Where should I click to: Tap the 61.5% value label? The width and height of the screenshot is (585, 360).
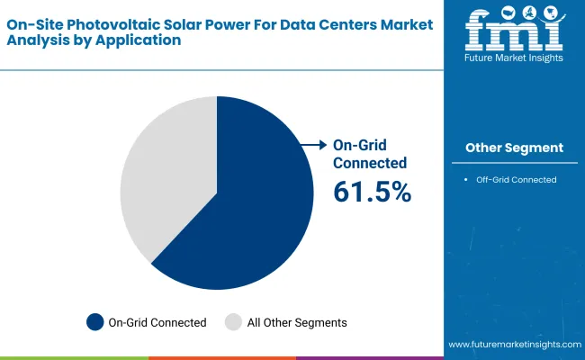372,191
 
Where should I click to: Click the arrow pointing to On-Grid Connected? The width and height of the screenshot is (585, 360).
313,145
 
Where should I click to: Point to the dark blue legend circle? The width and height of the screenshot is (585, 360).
94,321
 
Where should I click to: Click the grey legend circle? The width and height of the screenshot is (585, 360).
233,321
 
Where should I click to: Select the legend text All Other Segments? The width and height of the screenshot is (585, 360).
298,322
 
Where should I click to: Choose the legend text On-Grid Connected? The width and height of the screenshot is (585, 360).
157,322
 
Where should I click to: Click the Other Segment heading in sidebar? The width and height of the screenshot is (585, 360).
514,148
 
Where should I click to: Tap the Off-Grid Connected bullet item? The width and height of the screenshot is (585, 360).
517,179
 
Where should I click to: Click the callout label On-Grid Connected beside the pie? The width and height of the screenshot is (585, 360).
369,154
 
